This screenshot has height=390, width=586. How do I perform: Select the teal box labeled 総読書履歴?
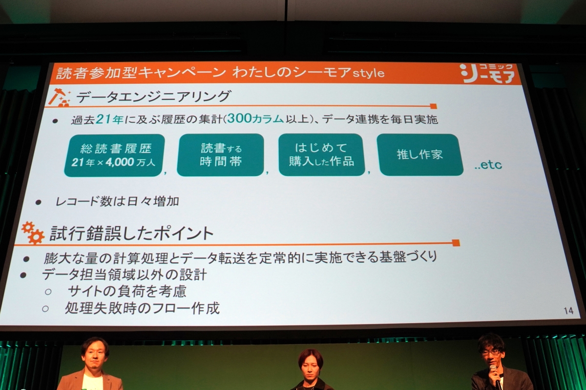(114, 155)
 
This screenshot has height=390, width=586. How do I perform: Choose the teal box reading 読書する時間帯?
(221, 155)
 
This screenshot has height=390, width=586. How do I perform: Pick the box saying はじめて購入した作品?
(322, 155)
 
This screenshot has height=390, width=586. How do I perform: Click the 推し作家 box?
(420, 155)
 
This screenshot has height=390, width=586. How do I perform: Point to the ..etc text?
(488, 165)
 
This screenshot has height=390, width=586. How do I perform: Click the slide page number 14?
(568, 311)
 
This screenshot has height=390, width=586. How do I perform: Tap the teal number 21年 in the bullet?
(110, 119)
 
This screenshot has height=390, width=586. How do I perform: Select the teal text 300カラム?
(255, 119)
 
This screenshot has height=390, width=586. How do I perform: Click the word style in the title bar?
(368, 73)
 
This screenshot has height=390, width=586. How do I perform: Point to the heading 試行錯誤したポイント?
(132, 233)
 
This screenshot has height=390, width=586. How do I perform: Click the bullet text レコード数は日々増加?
(117, 201)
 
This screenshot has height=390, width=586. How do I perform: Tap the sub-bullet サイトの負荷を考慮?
(127, 291)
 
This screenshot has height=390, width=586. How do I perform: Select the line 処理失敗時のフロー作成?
(142, 309)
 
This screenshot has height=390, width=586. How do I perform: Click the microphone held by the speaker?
(496, 377)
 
